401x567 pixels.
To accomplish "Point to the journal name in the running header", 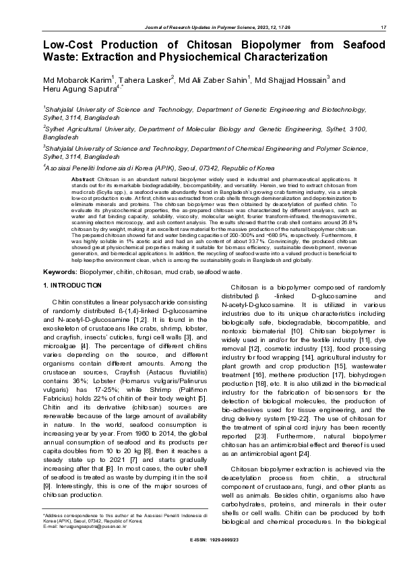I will coord(214,27).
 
